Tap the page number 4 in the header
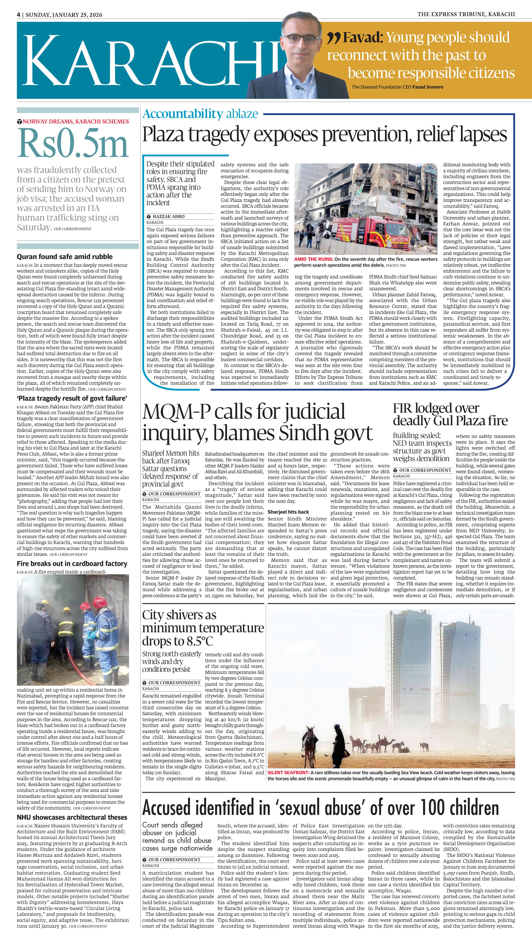[x=18, y=15]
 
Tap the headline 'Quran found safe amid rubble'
[x=65, y=257]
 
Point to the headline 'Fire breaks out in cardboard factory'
[x=72, y=564]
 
